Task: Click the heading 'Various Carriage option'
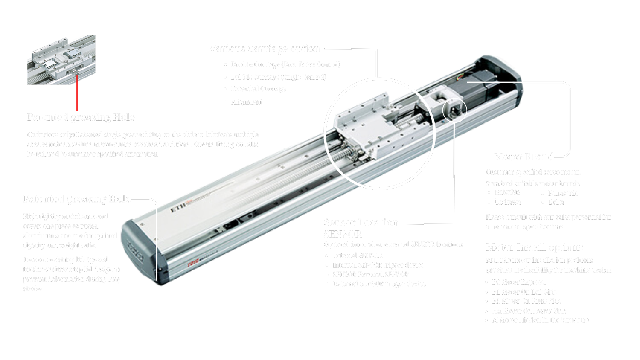[264, 49]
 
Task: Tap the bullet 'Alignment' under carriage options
[246, 102]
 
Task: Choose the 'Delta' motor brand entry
[556, 202]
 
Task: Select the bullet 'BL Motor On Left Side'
[524, 292]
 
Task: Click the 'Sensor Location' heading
[361, 223]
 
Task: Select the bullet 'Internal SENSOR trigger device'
[378, 265]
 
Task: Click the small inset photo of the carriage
[61, 60]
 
